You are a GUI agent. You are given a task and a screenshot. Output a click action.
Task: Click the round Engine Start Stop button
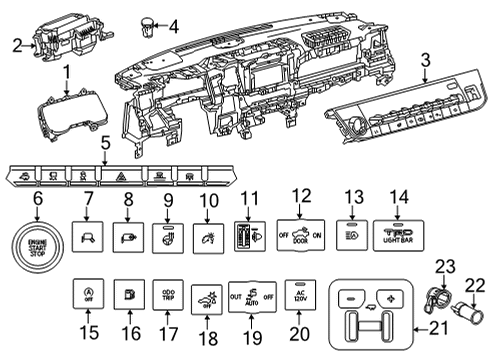30,244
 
